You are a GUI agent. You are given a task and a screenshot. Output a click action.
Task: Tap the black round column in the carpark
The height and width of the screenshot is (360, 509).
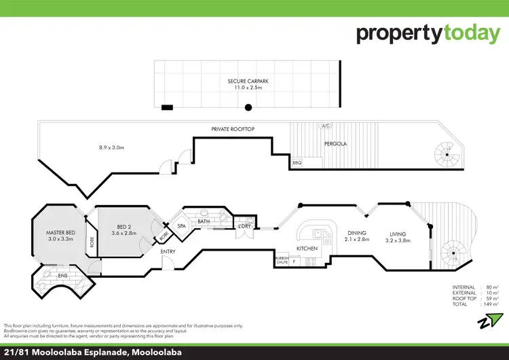248,107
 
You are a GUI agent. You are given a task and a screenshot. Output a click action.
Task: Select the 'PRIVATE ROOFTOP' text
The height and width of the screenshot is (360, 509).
233,128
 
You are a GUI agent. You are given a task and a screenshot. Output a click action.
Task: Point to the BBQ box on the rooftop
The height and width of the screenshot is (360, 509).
297,163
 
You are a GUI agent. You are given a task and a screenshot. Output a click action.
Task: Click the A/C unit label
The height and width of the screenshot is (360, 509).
325,126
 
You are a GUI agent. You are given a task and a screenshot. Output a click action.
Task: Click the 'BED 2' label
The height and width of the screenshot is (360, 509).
124,228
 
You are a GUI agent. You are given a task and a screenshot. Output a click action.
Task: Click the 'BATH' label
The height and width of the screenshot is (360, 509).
204,221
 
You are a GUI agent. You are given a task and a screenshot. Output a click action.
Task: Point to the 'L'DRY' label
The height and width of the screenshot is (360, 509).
244,226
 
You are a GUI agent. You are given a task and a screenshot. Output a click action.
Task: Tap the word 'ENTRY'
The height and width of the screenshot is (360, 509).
168,252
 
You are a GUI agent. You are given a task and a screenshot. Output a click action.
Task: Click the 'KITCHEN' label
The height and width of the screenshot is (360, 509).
307,249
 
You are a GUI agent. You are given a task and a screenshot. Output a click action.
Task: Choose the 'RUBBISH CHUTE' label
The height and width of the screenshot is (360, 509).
282,260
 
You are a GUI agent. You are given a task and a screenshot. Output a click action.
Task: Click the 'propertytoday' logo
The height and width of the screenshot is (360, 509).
428,33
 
